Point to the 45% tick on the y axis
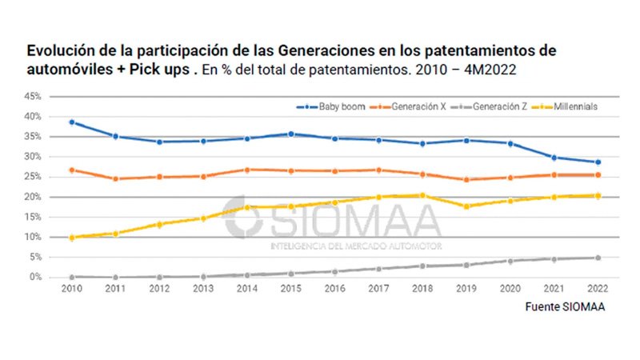tap(33, 96)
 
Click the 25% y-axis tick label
tap(33, 177)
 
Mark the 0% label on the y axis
tap(35, 278)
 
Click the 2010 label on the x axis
tap(72, 290)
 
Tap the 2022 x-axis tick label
tap(596, 290)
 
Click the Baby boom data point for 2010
tap(72, 122)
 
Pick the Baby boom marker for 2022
tap(596, 162)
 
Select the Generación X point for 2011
tap(115, 178)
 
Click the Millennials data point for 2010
tap(72, 238)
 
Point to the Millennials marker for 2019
tap(466, 206)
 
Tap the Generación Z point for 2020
tap(509, 261)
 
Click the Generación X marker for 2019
tap(466, 179)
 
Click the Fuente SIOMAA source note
tap(565, 308)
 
